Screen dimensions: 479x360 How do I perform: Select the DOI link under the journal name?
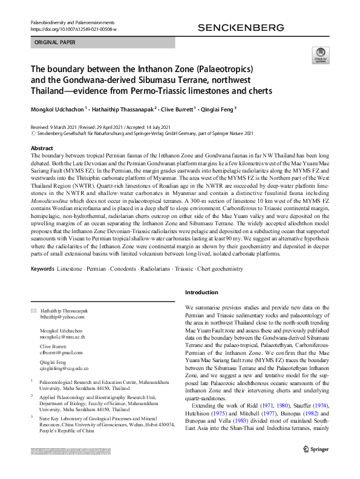(x=73, y=29)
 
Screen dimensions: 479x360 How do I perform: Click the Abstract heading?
(x=42, y=148)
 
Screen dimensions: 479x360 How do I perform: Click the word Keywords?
(x=42, y=267)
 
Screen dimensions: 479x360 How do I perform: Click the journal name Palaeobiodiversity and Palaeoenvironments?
(x=70, y=22)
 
